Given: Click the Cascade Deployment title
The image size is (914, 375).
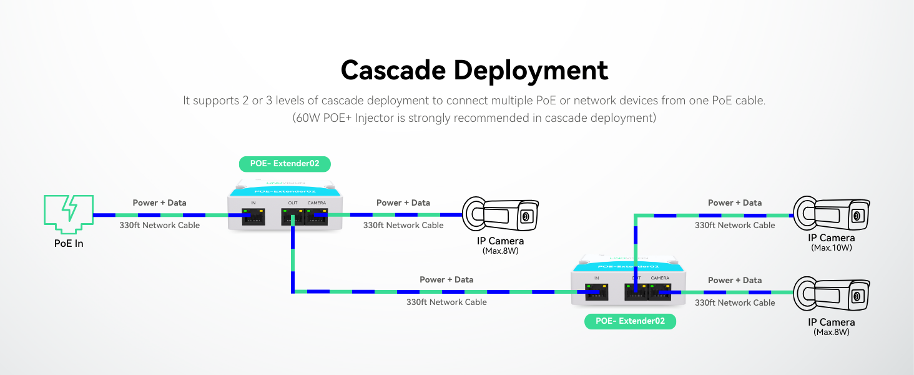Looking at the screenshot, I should click(x=474, y=70).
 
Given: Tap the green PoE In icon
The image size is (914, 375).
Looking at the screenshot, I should click(x=68, y=210).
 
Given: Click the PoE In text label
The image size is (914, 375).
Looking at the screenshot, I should click(x=68, y=243).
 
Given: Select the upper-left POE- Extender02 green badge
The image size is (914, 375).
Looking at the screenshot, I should click(x=285, y=164).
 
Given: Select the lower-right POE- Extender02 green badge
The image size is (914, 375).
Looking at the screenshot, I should click(x=630, y=321).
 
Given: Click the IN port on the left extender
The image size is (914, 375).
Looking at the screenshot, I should click(x=253, y=217).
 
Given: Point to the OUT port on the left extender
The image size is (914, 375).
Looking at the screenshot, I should click(x=292, y=217).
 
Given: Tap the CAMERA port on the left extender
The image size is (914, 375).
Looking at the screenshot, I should click(x=317, y=217).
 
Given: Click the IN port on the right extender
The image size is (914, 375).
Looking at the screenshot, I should click(x=597, y=292).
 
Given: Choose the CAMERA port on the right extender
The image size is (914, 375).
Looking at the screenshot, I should click(x=660, y=292).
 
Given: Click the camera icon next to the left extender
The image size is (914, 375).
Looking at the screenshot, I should click(x=499, y=216).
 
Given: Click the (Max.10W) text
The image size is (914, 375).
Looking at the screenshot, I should click(x=832, y=248).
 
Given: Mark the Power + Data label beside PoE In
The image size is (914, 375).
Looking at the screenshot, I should click(x=159, y=202).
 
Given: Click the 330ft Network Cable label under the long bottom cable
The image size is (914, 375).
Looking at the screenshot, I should click(x=446, y=302).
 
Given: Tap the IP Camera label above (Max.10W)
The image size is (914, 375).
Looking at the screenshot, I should click(x=832, y=237).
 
